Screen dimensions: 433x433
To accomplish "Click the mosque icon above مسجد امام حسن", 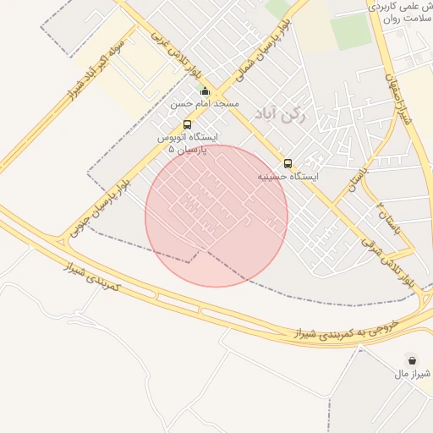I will click(x=205, y=91).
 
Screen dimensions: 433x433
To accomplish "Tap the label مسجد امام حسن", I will click(x=205, y=104).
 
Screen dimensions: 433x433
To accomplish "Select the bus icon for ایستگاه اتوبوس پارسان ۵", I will click(x=187, y=124).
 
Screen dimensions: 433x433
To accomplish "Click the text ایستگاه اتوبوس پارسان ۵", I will click(x=187, y=142).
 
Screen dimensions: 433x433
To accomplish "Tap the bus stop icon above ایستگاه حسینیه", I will click(x=288, y=163).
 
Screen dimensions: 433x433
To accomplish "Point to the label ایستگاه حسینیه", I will click(x=288, y=177).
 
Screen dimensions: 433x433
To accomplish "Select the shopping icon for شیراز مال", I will click(x=411, y=359).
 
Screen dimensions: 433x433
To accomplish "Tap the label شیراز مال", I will click(x=414, y=373).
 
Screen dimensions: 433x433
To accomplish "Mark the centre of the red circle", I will click(x=216, y=216).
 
